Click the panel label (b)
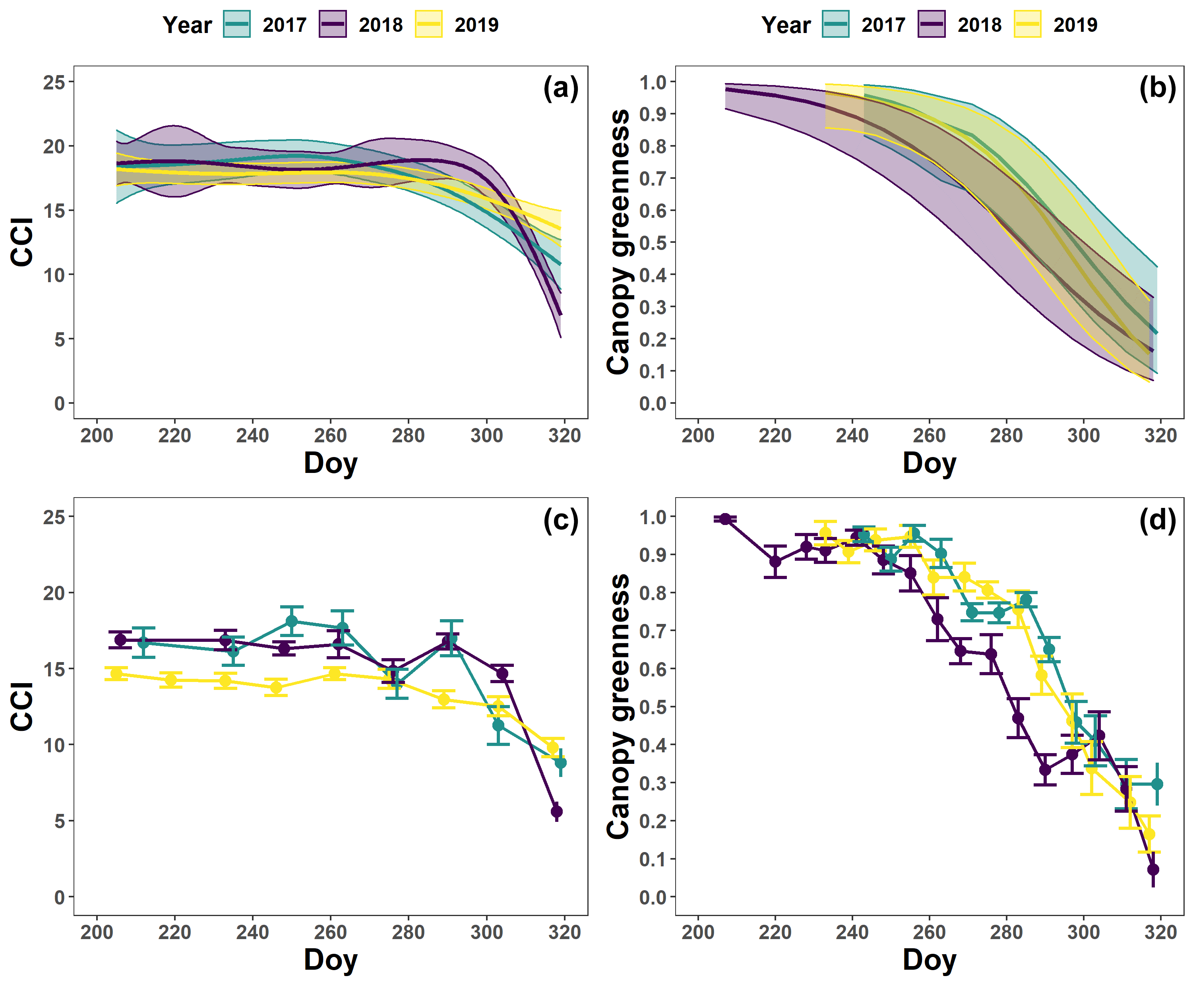click(1157, 89)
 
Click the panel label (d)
click(1157, 520)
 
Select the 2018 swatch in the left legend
click(333, 24)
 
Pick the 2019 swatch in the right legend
click(1027, 24)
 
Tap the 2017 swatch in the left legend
click(236, 24)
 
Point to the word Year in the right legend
click(786, 25)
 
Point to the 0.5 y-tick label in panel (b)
click(653, 242)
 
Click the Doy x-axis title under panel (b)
click(929, 463)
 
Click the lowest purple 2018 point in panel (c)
click(557, 812)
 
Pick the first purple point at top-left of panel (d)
click(725, 519)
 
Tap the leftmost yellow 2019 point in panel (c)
click(116, 674)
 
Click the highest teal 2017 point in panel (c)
click(291, 621)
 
